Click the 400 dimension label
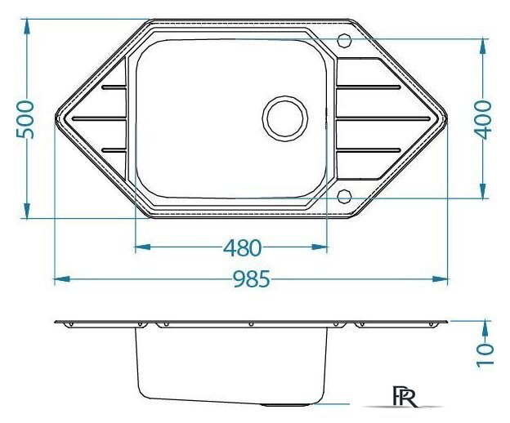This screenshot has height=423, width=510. click(483, 120)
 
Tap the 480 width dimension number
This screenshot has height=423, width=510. click(242, 248)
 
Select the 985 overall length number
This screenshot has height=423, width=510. click(252, 279)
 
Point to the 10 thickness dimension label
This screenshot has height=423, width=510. click(485, 355)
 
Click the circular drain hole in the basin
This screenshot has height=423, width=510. click(285, 118)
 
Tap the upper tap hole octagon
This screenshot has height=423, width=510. click(344, 41)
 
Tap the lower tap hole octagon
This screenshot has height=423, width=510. click(344, 196)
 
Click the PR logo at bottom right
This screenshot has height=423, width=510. click(405, 396)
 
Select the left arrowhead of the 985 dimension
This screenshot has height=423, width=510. click(62, 278)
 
